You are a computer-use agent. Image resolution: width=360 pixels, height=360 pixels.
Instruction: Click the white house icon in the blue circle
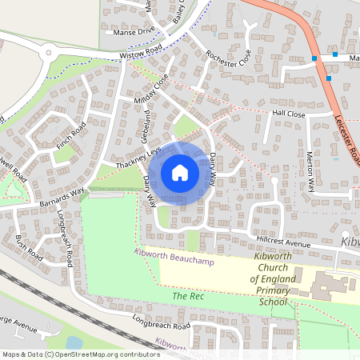tap(180, 172)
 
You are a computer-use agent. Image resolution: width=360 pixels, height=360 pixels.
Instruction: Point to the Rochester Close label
tap(228, 58)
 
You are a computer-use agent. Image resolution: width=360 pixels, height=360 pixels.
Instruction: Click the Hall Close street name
tap(289, 114)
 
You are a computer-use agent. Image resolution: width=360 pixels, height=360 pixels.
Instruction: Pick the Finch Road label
tap(70, 138)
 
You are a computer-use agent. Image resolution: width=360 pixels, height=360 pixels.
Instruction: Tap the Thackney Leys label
tap(138, 158)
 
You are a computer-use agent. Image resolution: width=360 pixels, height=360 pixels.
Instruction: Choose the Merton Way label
tap(311, 170)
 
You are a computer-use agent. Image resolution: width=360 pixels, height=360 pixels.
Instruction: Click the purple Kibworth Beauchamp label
tap(170, 261)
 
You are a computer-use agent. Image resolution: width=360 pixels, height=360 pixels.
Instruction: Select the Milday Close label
tap(154, 90)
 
